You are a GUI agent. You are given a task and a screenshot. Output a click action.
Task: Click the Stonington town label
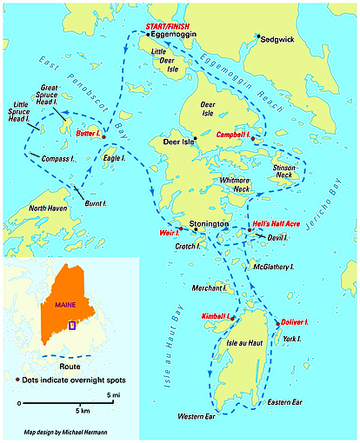point(209,223)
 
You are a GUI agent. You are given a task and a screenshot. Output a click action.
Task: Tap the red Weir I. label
point(170,233)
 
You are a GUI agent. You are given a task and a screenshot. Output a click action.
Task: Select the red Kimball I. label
point(216,314)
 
